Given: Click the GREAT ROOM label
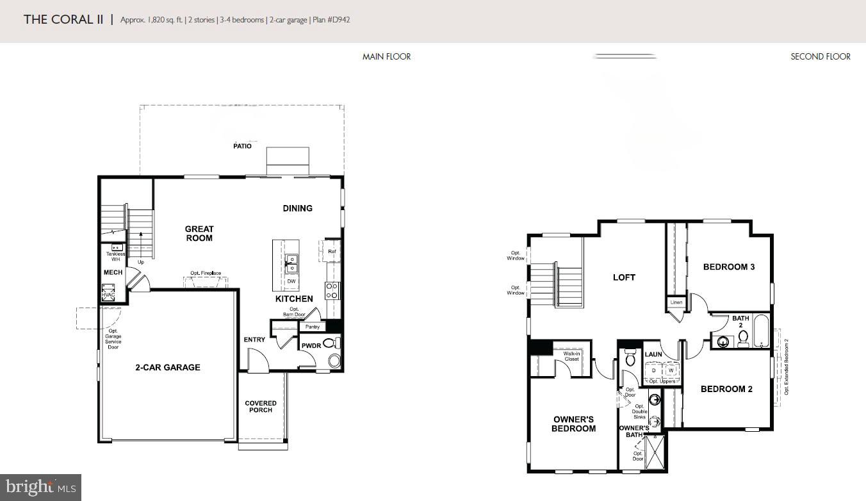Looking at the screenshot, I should coord(199,234).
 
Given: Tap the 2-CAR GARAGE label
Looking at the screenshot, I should coord(167,368).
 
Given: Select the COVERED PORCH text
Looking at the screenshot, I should coord(261,407).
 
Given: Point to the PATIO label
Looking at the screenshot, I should coord(242,146).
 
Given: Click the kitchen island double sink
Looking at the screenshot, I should coord(291,263).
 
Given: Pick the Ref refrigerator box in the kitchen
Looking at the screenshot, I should coord(331,251).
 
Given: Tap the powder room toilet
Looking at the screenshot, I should coord(331,343).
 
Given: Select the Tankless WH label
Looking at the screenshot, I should coord(116,256).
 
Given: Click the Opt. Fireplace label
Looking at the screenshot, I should coord(205,274).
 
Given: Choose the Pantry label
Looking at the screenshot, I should coord(312,327).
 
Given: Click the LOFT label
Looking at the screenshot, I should coord(624,277).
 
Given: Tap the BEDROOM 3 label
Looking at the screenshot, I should coord(728,267).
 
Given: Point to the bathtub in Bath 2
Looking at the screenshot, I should coord(760,331).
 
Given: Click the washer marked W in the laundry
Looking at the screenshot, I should coord(671,370).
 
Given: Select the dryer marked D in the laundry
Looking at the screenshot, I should coord(653,370).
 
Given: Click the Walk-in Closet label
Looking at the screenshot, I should coord(571,356).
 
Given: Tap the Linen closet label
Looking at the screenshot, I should coord(676,302).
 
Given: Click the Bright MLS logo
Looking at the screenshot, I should coord(40,488).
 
